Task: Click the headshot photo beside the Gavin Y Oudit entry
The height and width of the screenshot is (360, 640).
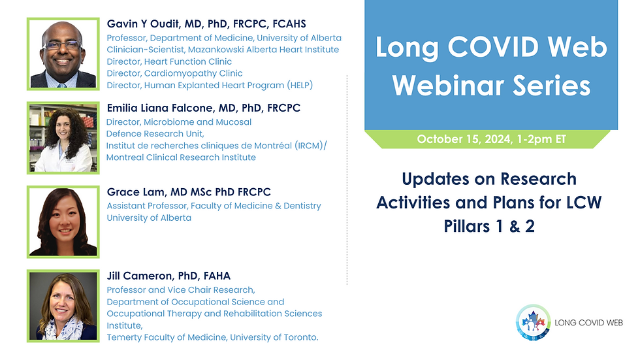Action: click(x=63, y=54)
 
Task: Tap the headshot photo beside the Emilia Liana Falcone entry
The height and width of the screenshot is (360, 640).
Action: click(x=63, y=137)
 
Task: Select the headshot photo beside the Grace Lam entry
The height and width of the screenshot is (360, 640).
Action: click(x=63, y=221)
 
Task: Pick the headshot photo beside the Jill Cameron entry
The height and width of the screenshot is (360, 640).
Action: click(x=63, y=306)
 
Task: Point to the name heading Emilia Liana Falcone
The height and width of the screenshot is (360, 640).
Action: click(x=203, y=108)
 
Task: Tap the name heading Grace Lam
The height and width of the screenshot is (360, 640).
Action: click(x=189, y=192)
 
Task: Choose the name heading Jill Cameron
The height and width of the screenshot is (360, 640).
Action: click(x=168, y=276)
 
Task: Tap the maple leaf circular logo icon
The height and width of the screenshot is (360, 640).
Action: click(x=532, y=322)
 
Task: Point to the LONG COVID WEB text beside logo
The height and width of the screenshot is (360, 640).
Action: click(x=589, y=323)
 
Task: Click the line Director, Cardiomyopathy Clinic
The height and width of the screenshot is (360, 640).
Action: click(x=174, y=73)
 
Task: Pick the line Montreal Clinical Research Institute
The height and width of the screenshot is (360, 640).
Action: click(x=181, y=157)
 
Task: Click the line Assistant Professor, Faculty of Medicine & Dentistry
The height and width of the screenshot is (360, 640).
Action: click(x=214, y=206)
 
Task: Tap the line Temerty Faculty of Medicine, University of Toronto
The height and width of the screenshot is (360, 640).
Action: click(x=212, y=337)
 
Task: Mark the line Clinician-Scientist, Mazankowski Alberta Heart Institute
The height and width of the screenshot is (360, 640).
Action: click(x=223, y=50)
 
